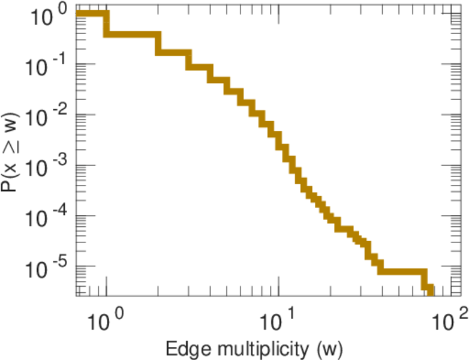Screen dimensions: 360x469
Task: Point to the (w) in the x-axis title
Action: click(x=328, y=348)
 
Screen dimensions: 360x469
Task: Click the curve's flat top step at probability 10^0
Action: click(x=91, y=14)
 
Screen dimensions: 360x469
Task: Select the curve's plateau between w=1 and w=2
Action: click(x=133, y=34)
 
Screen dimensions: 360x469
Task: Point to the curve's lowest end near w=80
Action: click(x=429, y=292)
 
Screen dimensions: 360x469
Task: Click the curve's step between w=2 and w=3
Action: click(x=173, y=52)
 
